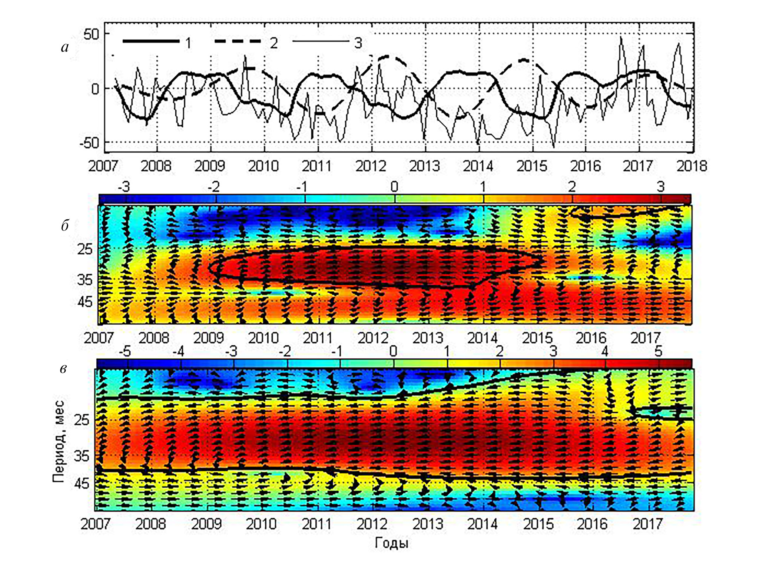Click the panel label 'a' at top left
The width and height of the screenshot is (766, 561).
[x=65, y=47]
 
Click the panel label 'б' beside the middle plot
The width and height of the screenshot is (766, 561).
[x=65, y=225]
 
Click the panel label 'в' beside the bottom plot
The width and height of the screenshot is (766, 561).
[x=64, y=369]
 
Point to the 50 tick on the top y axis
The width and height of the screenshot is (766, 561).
[x=91, y=34]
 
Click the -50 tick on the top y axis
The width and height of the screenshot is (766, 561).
[x=89, y=143]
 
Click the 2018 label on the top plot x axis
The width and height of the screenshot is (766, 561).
[x=692, y=166]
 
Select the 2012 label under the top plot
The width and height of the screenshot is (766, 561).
[x=371, y=166]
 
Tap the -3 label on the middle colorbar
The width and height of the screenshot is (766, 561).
[x=123, y=187]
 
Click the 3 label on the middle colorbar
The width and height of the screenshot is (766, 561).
[x=661, y=187]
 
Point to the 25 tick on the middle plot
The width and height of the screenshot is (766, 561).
[x=84, y=249]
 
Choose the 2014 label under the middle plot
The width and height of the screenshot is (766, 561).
[x=482, y=338]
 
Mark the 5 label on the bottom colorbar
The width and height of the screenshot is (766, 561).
[x=658, y=351]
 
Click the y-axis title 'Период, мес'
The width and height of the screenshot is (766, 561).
[x=59, y=441]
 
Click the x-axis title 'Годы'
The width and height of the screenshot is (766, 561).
[x=392, y=543]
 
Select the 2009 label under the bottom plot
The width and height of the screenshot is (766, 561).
[x=206, y=524]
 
